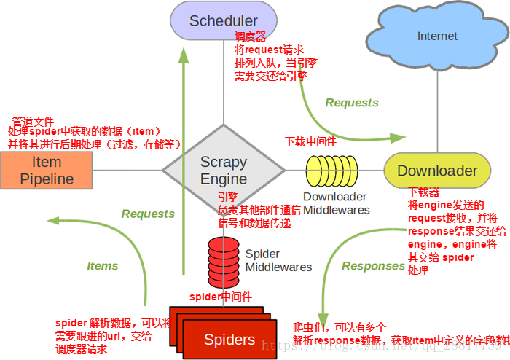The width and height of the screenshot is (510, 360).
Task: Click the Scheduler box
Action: coord(223,20)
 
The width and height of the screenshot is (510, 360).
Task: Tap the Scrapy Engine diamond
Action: coord(223,171)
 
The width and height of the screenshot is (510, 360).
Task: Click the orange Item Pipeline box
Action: coord(47,171)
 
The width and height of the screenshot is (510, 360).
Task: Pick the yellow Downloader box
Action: coord(437,171)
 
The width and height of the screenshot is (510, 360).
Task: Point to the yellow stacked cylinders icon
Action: coord(332,172)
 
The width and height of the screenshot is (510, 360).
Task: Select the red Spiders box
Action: coord(229,340)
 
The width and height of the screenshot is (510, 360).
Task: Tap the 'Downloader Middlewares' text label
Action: coord(336,203)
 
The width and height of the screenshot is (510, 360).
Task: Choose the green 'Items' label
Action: coord(103,266)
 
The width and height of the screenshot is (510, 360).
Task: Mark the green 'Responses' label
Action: coord(373,266)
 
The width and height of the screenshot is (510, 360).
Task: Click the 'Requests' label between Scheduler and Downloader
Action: coord(352,103)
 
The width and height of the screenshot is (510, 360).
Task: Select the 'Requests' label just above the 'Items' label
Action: coord(148,214)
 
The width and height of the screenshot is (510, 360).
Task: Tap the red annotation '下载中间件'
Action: coord(310,141)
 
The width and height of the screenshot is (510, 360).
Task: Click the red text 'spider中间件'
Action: coord(221,297)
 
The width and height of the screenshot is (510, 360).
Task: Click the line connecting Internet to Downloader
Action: coord(437,109)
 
